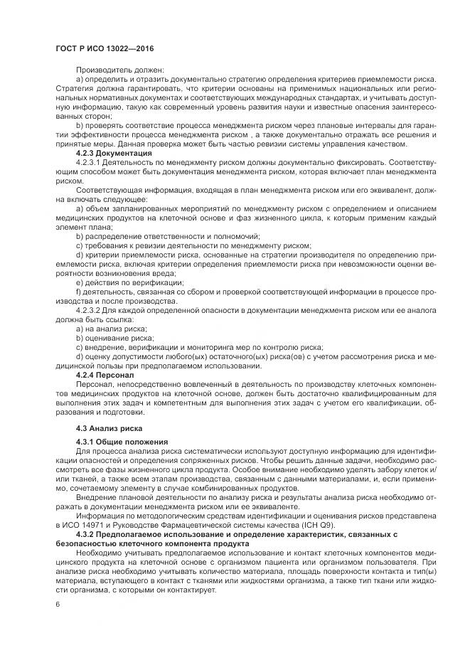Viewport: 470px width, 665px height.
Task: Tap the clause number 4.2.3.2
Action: point(89,310)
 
